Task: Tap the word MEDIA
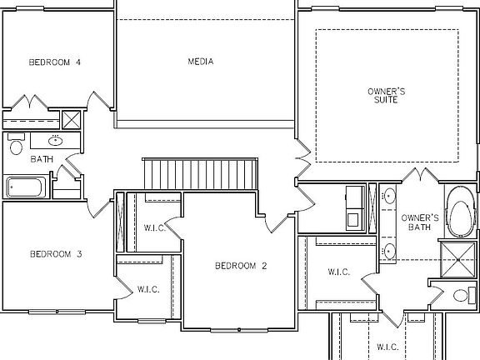tap(200, 62)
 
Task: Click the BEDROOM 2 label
tap(241, 267)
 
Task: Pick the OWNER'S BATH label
tap(419, 222)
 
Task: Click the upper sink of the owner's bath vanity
tap(390, 197)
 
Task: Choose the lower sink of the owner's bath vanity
tap(390, 250)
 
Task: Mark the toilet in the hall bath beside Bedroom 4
tap(16, 147)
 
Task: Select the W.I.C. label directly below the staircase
tap(153, 227)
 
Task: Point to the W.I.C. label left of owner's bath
tap(337, 272)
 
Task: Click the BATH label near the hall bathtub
tap(42, 158)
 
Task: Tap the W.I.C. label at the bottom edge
tap(387, 346)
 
